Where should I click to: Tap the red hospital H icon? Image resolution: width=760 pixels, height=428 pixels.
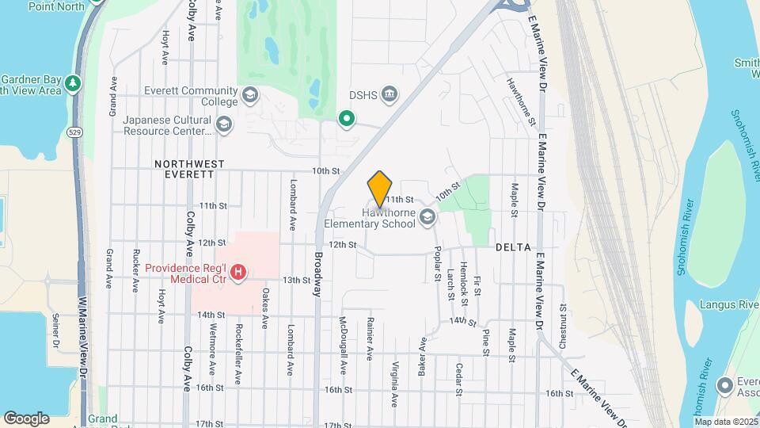(237, 274)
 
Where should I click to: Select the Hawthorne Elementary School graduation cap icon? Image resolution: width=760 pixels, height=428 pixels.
(428, 218)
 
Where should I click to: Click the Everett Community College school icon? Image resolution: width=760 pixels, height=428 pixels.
(250, 96)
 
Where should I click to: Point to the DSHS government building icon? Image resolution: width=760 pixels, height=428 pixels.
(389, 95)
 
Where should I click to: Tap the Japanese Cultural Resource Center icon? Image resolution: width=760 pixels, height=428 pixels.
(224, 124)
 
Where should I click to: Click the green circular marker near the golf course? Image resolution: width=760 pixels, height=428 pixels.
(346, 119)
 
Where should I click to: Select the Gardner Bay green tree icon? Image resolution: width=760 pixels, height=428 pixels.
(73, 83)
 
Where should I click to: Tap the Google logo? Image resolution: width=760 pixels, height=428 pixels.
(26, 418)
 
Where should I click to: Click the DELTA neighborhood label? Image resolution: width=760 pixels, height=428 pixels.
(512, 247)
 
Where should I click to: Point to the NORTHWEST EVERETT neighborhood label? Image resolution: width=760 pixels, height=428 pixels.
(189, 169)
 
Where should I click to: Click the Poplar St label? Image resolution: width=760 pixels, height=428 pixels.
(437, 263)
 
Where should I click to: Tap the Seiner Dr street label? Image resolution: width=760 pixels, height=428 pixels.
(56, 331)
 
